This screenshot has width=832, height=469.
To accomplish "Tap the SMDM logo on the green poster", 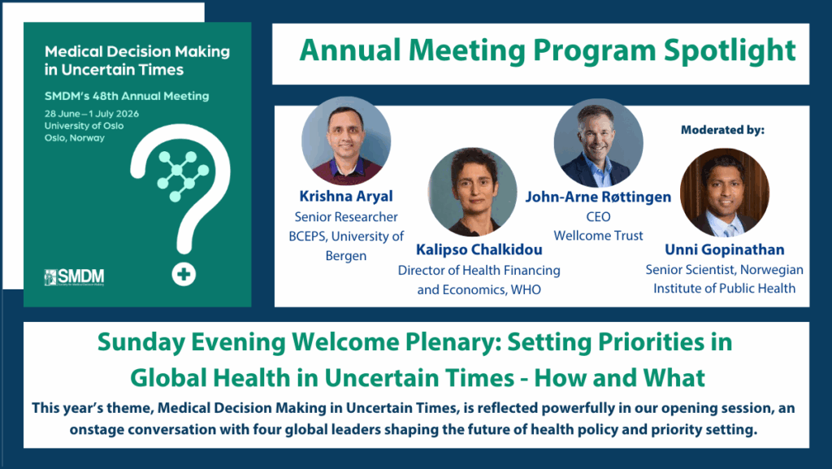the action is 74,277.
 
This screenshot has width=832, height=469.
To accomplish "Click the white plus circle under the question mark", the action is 184,274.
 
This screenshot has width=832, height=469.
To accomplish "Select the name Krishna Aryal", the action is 346,197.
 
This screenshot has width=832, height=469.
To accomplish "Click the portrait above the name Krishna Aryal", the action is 346,141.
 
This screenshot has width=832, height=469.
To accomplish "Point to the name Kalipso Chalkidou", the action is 479,250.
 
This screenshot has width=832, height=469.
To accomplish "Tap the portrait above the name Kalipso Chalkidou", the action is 472,192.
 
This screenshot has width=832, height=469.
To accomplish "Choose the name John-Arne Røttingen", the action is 598,197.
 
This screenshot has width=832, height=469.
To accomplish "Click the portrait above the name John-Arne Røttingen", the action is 598,143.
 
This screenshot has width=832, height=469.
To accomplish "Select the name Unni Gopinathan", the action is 724,250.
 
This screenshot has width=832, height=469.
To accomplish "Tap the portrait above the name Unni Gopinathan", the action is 724,193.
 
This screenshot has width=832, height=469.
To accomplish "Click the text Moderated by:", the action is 722,130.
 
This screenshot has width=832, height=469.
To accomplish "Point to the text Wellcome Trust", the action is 598,236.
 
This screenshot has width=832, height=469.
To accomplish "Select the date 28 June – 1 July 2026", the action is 92,114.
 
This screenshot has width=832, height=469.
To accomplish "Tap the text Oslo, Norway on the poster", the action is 75,138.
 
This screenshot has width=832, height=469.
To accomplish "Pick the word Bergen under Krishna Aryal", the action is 346,256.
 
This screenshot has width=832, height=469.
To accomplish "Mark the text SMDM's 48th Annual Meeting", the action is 127,96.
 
